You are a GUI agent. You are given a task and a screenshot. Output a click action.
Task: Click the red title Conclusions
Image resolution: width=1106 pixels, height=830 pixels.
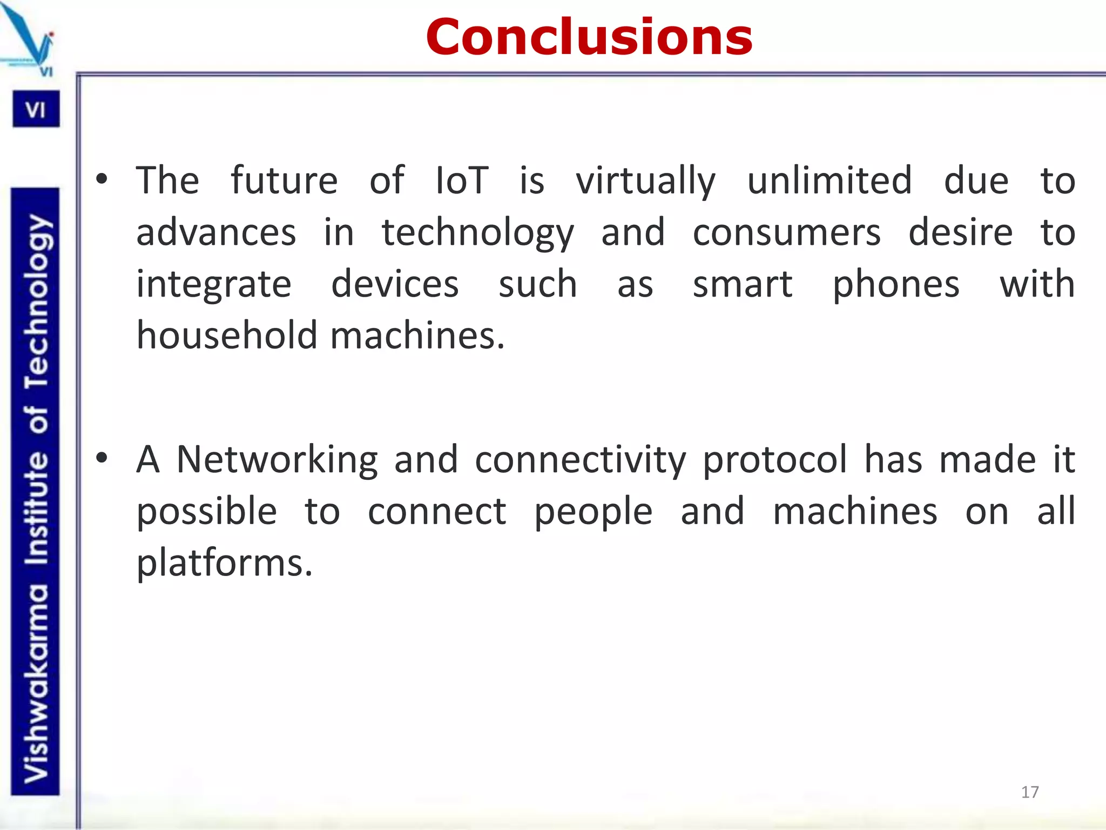pos(589,37)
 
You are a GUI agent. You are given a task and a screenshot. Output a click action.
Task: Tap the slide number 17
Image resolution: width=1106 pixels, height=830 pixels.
pos(1030,792)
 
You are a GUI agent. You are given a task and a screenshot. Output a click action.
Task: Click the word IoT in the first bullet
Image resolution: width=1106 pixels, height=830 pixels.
pos(462,180)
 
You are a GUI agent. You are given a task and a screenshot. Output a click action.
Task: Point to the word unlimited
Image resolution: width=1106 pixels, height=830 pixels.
pos(829,180)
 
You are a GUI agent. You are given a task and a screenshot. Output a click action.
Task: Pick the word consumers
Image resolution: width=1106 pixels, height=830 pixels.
pos(786,232)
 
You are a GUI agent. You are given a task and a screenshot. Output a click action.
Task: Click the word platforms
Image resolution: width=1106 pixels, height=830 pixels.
pos(224,564)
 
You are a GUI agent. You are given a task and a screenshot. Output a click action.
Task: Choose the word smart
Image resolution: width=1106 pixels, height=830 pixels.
pos(743,284)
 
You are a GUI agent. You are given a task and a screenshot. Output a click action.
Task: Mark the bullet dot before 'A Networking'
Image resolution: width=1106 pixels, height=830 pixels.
pos(102,458)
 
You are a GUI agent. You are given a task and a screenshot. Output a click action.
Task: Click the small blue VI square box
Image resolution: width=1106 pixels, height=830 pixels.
pos(36,110)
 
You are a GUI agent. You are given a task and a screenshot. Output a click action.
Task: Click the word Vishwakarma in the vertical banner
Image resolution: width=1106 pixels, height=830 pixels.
pos(36,684)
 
